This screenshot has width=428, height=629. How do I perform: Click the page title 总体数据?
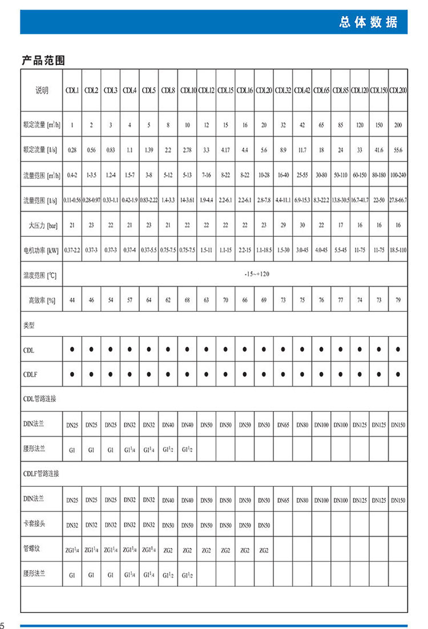coord(368,23)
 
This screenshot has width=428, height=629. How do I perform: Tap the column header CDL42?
coord(302,91)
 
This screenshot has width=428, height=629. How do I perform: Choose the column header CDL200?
coord(398,91)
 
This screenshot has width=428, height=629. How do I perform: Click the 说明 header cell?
coord(42,91)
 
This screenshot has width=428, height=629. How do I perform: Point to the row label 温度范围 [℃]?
coord(40,275)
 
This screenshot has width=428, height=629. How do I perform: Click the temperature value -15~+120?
coord(255,275)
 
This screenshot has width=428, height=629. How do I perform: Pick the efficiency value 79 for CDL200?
coord(398,299)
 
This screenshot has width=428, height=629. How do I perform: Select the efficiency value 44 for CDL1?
coord(72,299)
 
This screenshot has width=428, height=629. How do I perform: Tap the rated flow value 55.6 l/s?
coord(398,150)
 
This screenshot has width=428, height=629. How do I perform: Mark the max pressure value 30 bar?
coord(302,225)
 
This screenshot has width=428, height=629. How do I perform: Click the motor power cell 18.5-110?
coord(398,249)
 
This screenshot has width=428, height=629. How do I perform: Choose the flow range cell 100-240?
coord(398,175)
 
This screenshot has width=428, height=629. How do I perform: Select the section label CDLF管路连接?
coord(41,473)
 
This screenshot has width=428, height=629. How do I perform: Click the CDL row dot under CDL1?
coord(72,349)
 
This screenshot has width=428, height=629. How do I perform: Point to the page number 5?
coord(3,623)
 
